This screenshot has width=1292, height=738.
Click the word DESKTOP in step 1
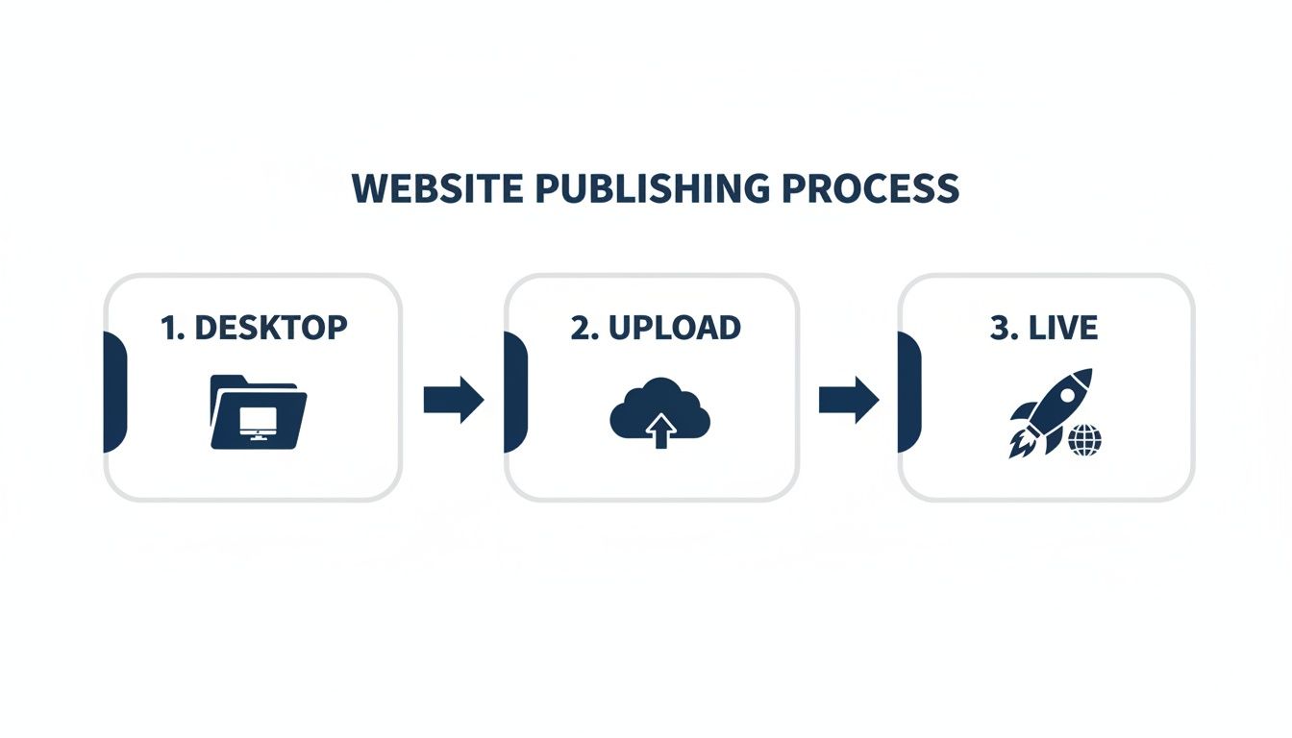271,328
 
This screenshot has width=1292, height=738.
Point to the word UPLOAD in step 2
676,328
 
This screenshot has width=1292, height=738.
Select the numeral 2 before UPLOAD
581,328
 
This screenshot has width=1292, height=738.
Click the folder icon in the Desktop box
257,412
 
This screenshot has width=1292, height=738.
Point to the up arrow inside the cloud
659,431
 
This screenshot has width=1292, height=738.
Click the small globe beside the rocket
1084,441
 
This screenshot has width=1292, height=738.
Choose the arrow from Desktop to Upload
454,400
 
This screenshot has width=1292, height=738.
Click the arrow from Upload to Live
849,400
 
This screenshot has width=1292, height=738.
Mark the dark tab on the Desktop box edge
114,392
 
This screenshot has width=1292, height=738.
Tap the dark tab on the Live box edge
908,392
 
